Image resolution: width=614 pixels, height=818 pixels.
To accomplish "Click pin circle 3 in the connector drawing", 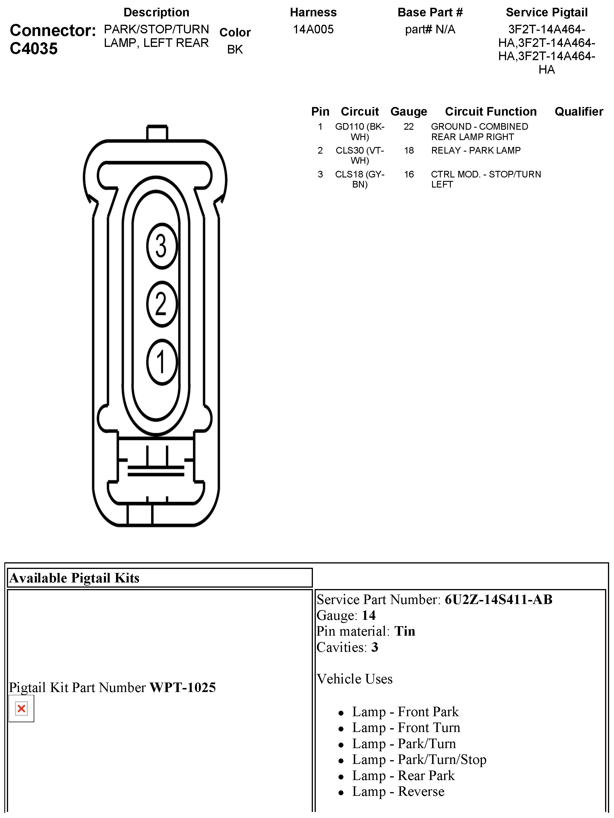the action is tap(162, 246).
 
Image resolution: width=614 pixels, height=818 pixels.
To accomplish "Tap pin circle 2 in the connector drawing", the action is tap(162, 304).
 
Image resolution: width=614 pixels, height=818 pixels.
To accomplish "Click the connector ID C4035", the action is tap(34, 48).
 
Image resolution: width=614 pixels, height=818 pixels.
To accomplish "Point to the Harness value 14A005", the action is tap(313, 29).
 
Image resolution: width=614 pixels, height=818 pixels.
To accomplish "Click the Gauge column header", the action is tap(408, 111).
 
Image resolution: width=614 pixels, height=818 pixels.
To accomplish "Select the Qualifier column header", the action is tap(579, 111).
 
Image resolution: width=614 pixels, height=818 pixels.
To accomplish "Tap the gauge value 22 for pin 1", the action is tap(408, 127).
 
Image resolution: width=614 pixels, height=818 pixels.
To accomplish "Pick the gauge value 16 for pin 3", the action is tap(408, 174).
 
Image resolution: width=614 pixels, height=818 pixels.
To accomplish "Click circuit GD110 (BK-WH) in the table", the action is tap(360, 132).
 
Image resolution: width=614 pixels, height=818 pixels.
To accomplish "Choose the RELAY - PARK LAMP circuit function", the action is tap(476, 150).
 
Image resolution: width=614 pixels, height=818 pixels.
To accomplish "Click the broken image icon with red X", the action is tap(22, 708).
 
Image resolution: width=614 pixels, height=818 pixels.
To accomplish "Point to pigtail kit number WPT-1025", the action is tap(183, 687).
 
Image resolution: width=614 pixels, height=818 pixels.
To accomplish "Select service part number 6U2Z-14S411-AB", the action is tap(498, 599).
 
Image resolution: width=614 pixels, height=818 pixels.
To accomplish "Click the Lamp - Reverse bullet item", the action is tap(398, 791).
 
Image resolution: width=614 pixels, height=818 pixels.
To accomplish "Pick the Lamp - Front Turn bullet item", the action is tap(406, 727).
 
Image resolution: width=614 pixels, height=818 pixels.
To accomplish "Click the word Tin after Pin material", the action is tap(404, 631).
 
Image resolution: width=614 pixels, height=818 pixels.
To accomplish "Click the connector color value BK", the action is tap(235, 49).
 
